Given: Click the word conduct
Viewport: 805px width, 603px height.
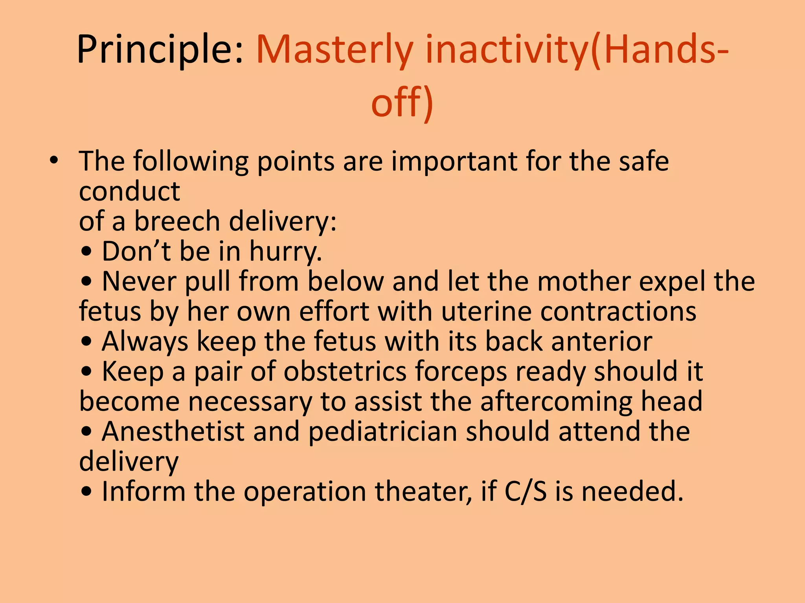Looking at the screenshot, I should coord(129,192).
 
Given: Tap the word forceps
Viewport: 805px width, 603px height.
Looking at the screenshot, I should coord(461,372).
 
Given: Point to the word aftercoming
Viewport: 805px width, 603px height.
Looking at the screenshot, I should coord(556,402).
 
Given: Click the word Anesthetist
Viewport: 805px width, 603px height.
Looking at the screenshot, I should coord(173,432).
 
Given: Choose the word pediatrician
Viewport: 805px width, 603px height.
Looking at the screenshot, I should coord(382,432).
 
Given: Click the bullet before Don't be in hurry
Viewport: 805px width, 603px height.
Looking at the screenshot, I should coord(86,252).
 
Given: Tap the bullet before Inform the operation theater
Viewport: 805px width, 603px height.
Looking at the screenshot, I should coord(86,492).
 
